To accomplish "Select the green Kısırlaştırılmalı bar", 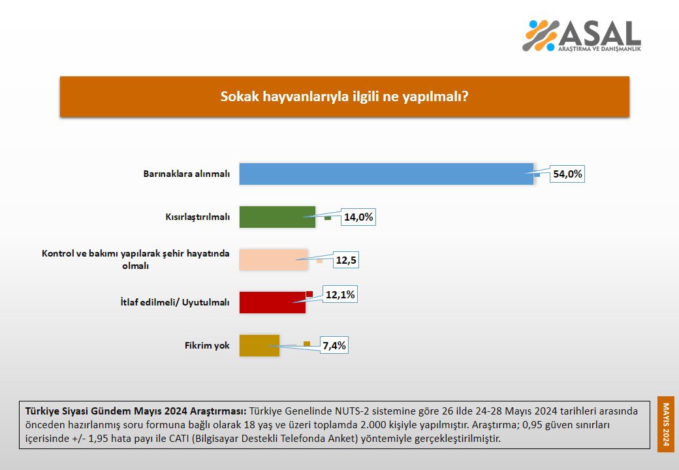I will click(x=277, y=217).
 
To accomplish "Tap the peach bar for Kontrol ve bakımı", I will click(x=274, y=260).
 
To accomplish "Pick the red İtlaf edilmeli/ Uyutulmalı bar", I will click(x=272, y=303).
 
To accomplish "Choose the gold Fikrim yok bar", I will click(x=259, y=345).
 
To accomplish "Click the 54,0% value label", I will click(x=567, y=175).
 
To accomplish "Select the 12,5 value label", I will click(x=347, y=260).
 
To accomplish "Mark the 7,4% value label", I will click(x=333, y=345).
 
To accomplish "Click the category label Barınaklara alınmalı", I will click(x=187, y=174).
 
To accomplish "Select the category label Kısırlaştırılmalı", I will click(x=197, y=217).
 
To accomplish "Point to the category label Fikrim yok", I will click(x=208, y=345).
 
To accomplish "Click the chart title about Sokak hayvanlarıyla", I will click(x=345, y=97).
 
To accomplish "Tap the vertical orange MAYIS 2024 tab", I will click(x=666, y=424).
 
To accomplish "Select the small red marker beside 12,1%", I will click(x=309, y=294).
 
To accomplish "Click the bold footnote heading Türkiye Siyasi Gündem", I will click(x=135, y=411).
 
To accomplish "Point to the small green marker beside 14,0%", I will click(x=328, y=218).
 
